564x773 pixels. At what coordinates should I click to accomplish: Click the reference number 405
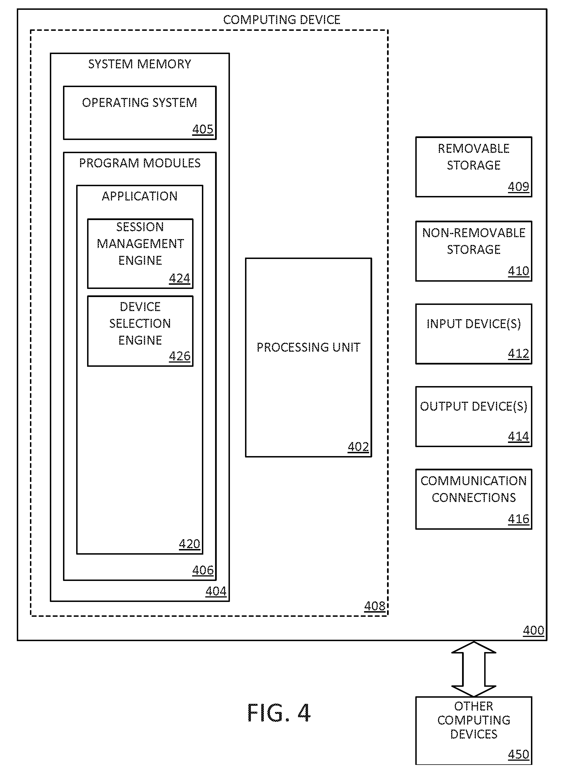203,129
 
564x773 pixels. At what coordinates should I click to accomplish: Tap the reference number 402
358,447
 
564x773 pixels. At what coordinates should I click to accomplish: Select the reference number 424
180,279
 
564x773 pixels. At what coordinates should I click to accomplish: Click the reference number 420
190,544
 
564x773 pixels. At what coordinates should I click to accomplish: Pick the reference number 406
203,570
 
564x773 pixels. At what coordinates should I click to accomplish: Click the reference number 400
533,630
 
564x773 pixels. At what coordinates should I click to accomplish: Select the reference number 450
519,754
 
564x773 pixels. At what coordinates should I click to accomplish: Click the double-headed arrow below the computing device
474,669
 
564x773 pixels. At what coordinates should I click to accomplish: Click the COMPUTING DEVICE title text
282,20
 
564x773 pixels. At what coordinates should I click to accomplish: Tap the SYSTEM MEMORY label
140,64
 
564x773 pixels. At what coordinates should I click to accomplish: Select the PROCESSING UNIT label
308,347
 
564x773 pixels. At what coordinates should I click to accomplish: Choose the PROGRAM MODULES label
140,163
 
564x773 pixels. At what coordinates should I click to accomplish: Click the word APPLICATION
140,196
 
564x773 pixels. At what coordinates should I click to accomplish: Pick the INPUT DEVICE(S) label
474,324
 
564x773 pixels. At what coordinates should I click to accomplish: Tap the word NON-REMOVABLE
474,233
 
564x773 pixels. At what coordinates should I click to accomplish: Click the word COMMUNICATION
474,481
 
